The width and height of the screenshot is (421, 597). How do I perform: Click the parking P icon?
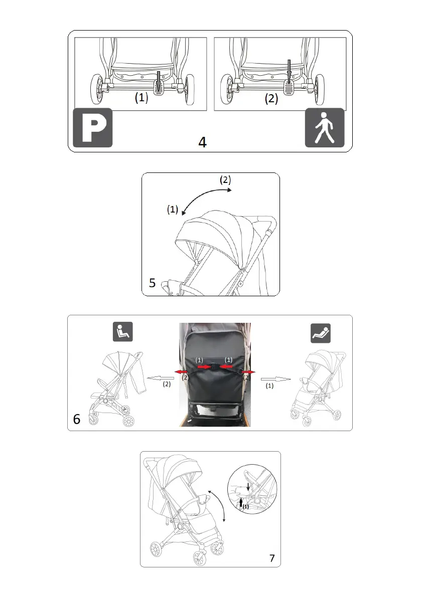pyautogui.click(x=93, y=127)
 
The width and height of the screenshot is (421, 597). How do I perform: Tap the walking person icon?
pyautogui.click(x=325, y=127)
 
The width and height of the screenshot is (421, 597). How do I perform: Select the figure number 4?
pyautogui.click(x=202, y=142)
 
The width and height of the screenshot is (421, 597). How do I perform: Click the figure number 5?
pyautogui.click(x=152, y=283)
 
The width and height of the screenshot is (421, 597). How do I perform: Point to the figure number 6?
pyautogui.click(x=77, y=419)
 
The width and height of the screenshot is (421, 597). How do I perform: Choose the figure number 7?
pyautogui.click(x=272, y=558)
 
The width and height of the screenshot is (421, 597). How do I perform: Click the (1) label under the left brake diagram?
pyautogui.click(x=142, y=97)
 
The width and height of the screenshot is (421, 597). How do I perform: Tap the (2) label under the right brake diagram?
pyautogui.click(x=271, y=99)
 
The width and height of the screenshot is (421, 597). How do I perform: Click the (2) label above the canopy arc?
pyautogui.click(x=225, y=180)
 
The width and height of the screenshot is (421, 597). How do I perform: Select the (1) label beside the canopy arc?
pyautogui.click(x=173, y=209)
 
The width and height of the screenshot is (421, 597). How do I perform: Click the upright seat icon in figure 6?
pyautogui.click(x=122, y=332)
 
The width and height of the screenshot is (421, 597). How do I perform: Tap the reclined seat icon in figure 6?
pyautogui.click(x=321, y=333)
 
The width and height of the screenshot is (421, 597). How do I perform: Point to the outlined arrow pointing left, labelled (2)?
pyautogui.click(x=161, y=378)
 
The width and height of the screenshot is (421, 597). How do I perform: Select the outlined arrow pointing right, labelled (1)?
pyautogui.click(x=276, y=379)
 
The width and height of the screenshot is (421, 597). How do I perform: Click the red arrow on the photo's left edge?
pyautogui.click(x=181, y=371)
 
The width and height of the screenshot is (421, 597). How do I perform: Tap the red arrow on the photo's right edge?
pyautogui.click(x=248, y=372)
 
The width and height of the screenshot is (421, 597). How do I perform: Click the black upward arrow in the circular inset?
pyautogui.click(x=241, y=503)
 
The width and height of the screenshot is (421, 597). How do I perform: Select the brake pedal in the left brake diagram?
pyautogui.click(x=159, y=87)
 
